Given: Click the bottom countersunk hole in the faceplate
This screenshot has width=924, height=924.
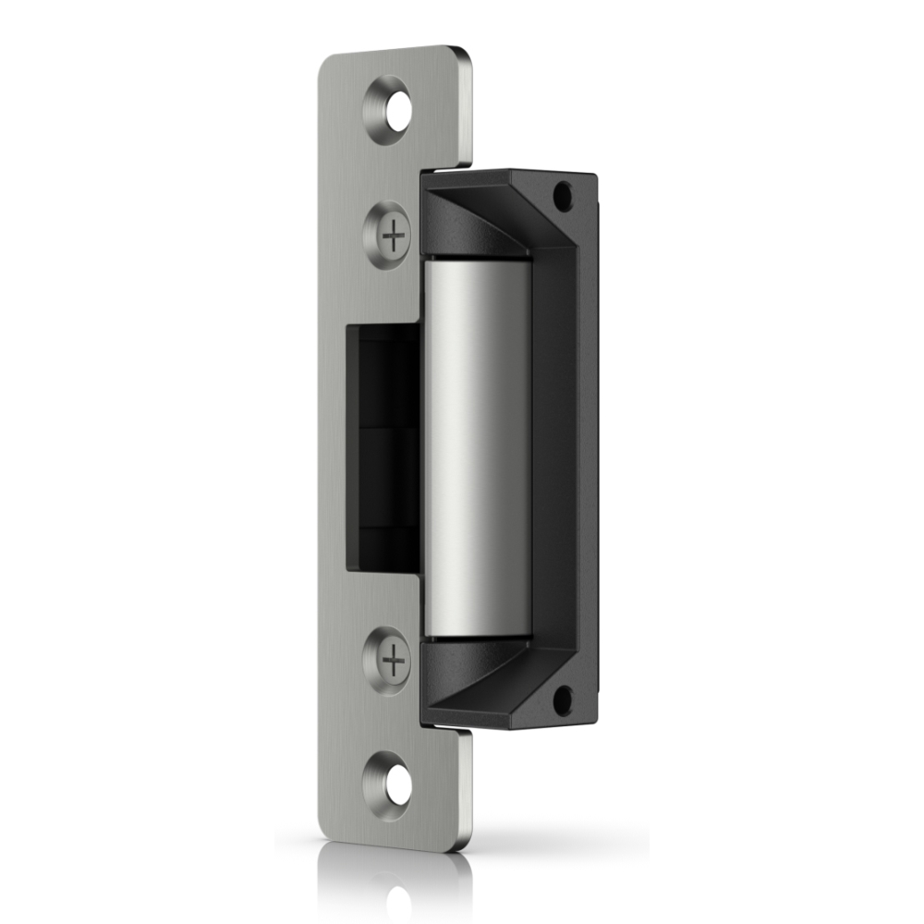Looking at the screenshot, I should tap(396, 785).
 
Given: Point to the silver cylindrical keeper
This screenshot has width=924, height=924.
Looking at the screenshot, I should tap(477, 448).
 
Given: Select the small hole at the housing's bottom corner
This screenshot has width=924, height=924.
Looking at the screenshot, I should tap(562, 700).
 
